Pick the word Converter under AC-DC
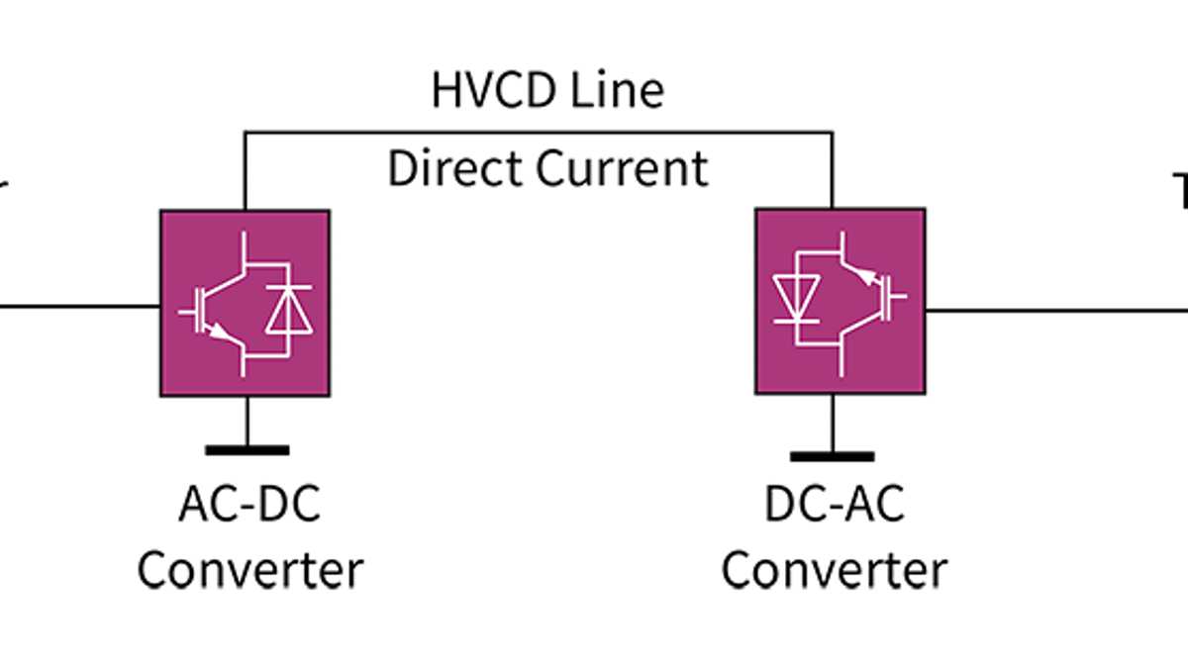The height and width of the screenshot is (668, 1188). [x=249, y=570]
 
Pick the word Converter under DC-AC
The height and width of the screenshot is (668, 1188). [x=834, y=570]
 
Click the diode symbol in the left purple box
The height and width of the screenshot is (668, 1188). [x=288, y=309]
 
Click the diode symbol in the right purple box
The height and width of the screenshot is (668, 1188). [x=798, y=294]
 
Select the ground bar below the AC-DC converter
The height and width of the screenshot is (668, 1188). [x=247, y=450]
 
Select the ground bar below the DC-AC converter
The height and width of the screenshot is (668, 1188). [x=832, y=456]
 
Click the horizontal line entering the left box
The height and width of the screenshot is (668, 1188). [x=79, y=306]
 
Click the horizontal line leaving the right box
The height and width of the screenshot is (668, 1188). [x=1049, y=310]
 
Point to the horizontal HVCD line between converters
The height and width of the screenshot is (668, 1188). [x=540, y=132]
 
